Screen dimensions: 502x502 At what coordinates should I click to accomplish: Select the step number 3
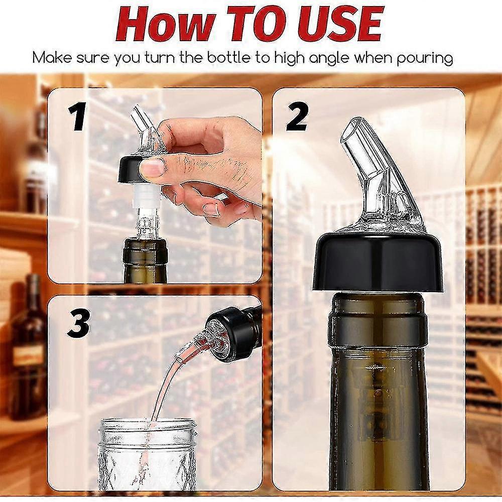78,325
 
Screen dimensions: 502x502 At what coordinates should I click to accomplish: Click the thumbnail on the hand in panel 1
153,167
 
